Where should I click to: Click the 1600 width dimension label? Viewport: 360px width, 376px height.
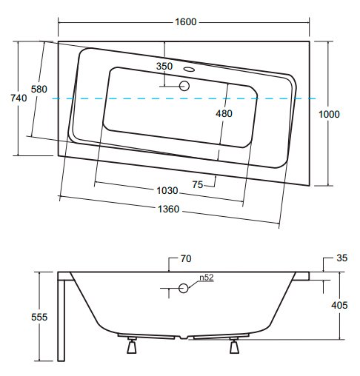(x=185, y=21)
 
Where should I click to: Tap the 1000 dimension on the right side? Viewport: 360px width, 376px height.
(x=329, y=114)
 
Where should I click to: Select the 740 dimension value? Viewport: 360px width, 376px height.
(x=19, y=98)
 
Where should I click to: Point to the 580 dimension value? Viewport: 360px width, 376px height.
(x=39, y=89)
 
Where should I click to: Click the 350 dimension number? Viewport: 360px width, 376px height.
(x=164, y=66)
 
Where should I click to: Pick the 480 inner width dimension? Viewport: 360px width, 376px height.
(x=224, y=113)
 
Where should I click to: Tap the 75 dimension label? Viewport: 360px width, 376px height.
(x=198, y=184)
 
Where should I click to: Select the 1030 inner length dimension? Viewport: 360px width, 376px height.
(x=167, y=190)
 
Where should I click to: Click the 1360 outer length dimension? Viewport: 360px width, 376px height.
(x=168, y=209)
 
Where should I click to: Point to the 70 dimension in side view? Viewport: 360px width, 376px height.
(x=186, y=258)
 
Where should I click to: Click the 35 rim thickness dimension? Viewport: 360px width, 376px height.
(x=342, y=258)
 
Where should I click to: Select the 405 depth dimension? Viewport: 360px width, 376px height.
(x=339, y=305)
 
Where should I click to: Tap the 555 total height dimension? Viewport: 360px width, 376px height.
(x=39, y=317)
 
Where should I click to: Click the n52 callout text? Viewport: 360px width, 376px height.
(x=207, y=278)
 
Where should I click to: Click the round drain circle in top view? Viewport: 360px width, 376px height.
(x=184, y=86)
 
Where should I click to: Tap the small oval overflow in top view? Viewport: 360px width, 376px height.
(x=189, y=69)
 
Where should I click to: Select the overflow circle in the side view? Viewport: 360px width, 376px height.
(x=184, y=288)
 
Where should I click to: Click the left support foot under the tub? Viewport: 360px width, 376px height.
(x=132, y=346)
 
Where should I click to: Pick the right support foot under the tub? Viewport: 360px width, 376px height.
(x=234, y=346)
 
